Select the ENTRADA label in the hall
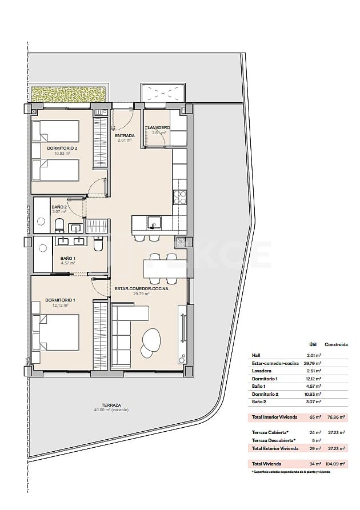point(125,136)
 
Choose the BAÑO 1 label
point(69,259)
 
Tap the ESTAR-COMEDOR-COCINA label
point(141,290)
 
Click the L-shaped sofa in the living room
point(126,334)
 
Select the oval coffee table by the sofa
point(151,341)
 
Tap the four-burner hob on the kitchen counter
point(179,197)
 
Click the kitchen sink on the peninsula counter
point(154,222)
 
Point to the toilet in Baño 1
point(98,244)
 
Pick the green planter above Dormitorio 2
point(69,94)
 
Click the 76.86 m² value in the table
point(336,418)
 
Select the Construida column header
point(337,345)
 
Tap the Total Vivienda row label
point(266,464)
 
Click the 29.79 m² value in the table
point(313,363)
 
